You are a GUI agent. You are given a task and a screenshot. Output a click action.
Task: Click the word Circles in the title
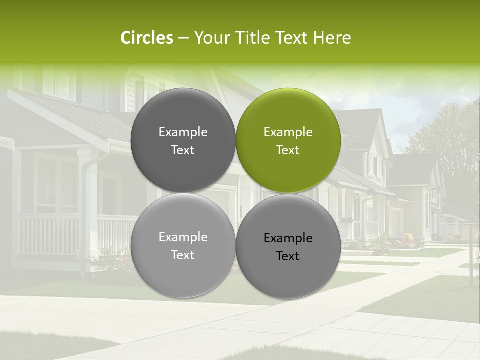[146, 38]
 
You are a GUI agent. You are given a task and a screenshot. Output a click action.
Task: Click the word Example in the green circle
[288, 132]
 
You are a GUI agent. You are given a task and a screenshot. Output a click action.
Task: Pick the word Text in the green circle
[288, 150]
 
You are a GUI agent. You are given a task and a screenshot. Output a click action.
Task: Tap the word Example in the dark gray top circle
[183, 132]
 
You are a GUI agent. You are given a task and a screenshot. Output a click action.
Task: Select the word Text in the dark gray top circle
[183, 150]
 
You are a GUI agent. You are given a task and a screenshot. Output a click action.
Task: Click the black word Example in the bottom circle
[288, 238]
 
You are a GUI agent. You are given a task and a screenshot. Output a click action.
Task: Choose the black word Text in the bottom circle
[288, 256]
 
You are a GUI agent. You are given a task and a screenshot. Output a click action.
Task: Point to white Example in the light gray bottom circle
[183, 237]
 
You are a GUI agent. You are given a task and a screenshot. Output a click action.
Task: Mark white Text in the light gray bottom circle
[183, 255]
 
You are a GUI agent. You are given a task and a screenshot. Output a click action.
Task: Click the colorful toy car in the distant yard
[408, 239]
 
